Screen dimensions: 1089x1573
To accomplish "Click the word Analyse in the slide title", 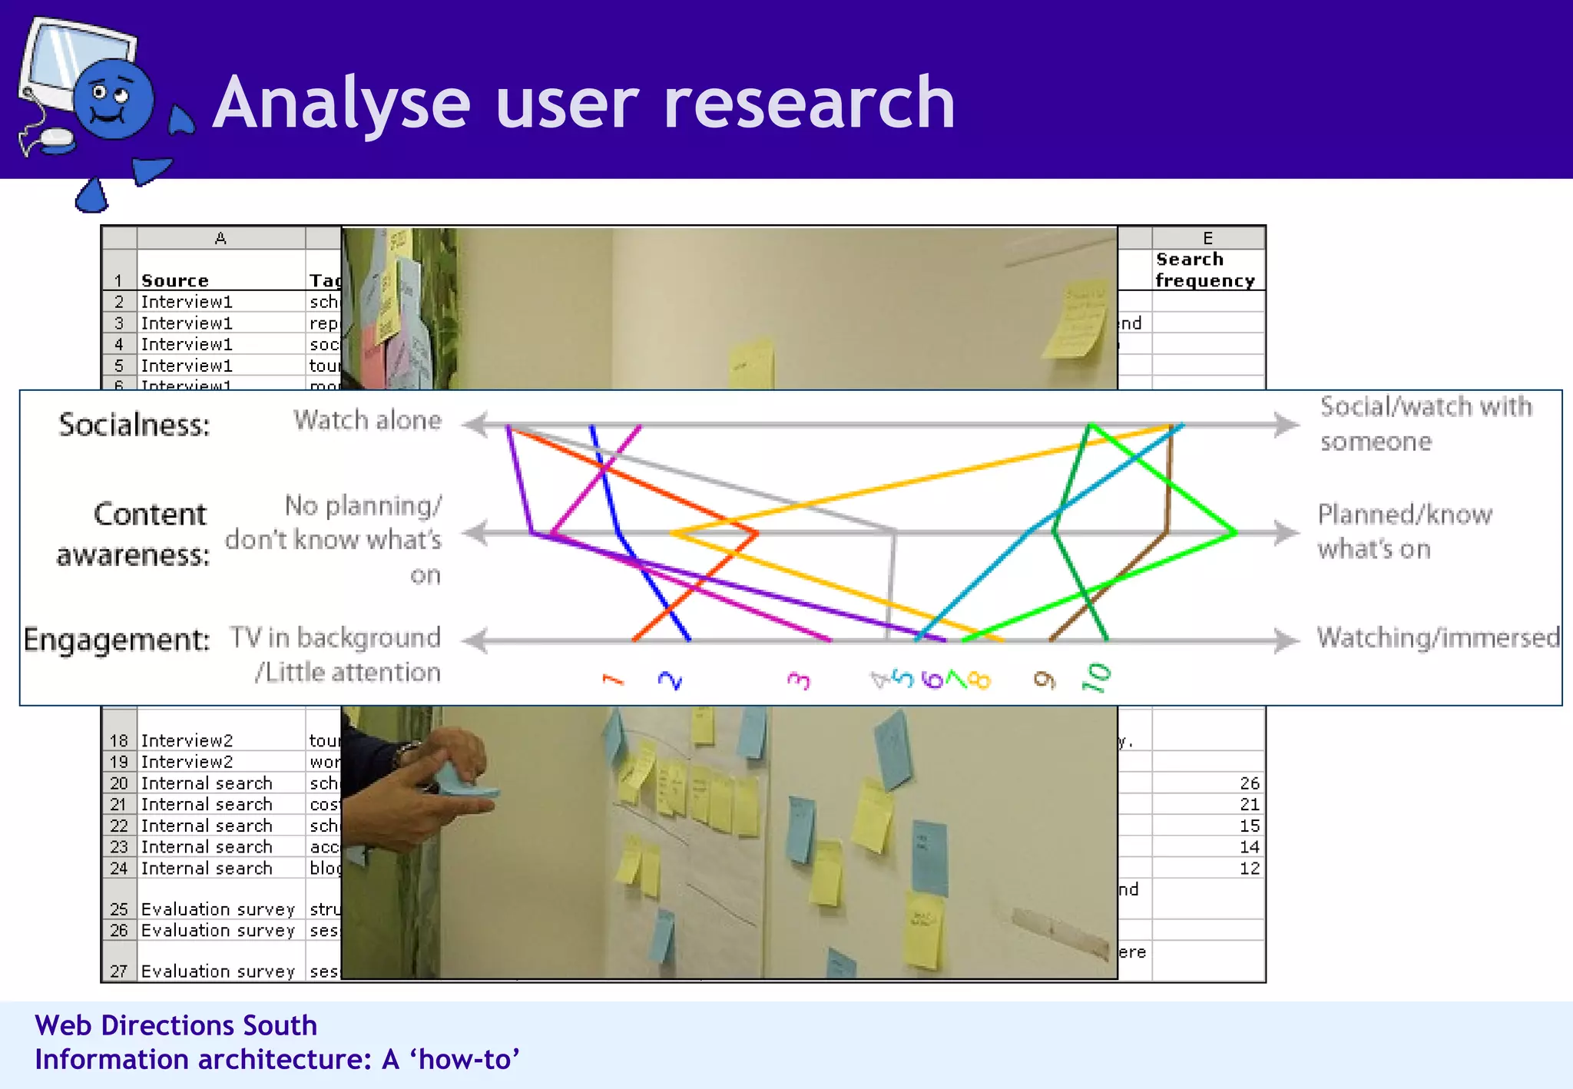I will point(342,104).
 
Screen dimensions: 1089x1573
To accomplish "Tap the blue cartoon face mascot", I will point(113,100).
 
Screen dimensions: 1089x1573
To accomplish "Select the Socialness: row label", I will point(134,425).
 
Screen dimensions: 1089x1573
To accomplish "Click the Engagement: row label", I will point(117,639).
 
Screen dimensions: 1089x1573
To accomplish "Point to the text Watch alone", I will point(367,420).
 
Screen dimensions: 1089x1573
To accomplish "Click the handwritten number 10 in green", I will point(1096,677).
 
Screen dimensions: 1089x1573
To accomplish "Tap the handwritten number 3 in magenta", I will point(799,680).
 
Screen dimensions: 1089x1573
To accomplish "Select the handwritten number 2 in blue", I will point(670,680).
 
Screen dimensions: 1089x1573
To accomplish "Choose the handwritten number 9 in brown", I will point(1044,679).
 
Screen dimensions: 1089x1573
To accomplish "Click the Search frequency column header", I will point(1204,270).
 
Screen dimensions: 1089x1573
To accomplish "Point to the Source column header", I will point(175,281).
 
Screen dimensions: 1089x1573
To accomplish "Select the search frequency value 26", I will point(1249,783).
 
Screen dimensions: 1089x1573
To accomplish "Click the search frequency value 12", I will point(1249,869).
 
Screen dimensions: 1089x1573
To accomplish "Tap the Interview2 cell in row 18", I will point(187,741).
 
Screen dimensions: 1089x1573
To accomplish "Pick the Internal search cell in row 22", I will point(207,826).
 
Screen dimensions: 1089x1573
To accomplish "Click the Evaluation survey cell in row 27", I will point(218,971).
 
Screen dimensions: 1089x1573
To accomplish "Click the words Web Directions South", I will point(176,1026).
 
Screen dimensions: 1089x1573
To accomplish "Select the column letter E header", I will point(1207,238).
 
